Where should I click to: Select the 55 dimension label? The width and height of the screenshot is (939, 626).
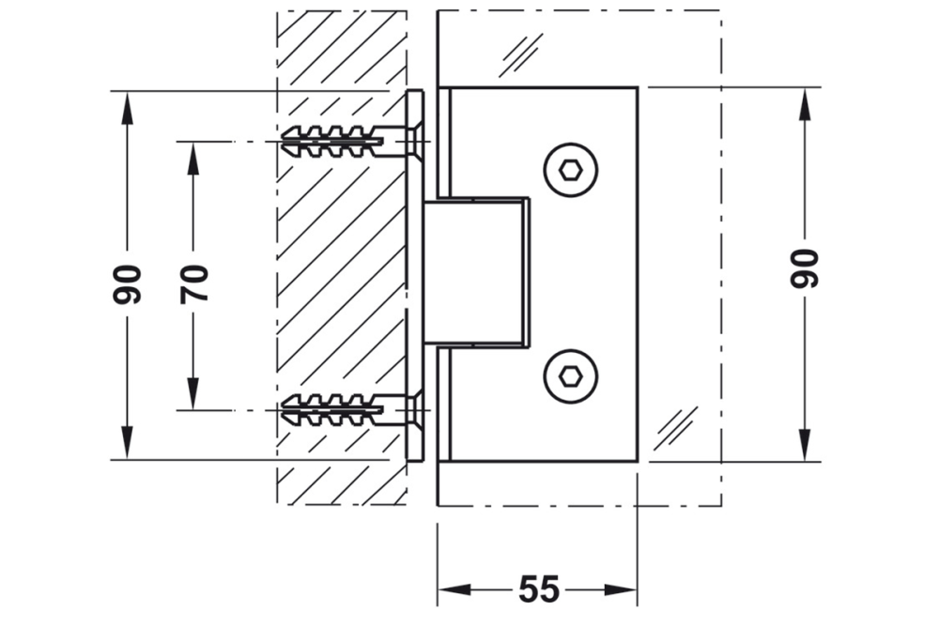(539, 589)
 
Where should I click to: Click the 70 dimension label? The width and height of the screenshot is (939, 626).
(194, 282)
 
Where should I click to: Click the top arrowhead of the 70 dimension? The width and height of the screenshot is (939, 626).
(192, 160)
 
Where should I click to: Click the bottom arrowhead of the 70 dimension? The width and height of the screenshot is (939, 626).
(192, 392)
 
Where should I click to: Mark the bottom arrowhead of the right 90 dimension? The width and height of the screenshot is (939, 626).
(805, 443)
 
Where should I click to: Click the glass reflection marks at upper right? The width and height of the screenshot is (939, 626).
(521, 54)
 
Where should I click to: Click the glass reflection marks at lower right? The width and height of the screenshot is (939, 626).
(676, 427)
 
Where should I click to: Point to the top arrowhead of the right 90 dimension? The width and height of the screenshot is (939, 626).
(805, 104)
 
